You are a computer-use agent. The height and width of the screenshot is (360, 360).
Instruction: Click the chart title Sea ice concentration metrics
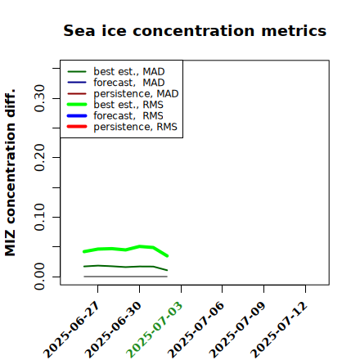click(195, 30)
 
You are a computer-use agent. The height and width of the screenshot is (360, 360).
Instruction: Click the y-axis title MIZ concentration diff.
click(10, 173)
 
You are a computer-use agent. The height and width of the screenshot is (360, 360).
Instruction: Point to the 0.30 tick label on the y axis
click(40, 98)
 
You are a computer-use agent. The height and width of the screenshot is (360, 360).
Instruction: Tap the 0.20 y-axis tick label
click(40, 158)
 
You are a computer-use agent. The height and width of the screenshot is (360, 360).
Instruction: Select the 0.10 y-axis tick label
click(40, 217)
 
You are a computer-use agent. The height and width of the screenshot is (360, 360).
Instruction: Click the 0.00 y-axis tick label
click(40, 277)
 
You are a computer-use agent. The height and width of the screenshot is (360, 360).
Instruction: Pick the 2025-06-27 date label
click(72, 330)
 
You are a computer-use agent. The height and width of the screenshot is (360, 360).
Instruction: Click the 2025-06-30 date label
click(114, 330)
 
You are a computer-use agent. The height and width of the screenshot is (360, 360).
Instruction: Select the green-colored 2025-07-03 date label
click(155, 330)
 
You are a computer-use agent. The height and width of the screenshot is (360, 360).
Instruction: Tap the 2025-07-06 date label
click(196, 330)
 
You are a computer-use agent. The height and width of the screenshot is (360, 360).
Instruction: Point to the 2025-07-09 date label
click(237, 330)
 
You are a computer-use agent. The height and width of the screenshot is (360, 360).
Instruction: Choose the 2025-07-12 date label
click(279, 330)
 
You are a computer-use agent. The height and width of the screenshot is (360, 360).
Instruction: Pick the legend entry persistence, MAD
click(123, 94)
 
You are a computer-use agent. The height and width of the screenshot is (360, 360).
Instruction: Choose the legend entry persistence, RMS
click(122, 127)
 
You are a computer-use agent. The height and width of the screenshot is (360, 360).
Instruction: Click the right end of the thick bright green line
click(168, 256)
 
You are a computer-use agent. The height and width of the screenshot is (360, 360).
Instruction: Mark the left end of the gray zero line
click(84, 277)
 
